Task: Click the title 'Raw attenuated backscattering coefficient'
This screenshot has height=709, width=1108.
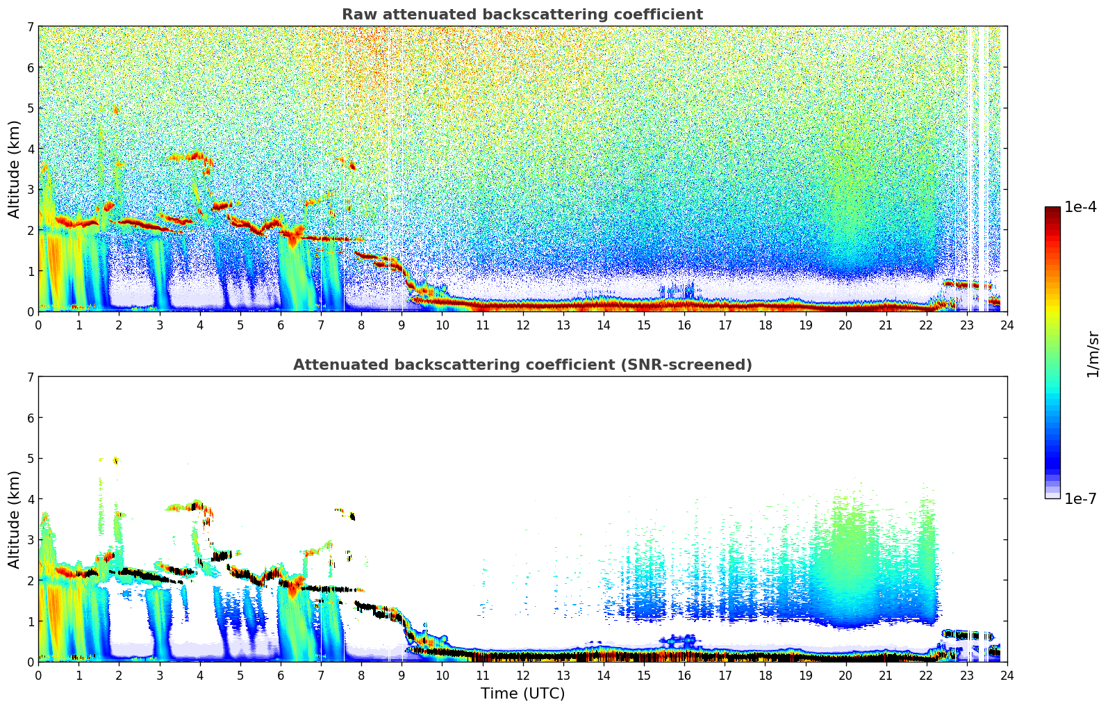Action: point(522,15)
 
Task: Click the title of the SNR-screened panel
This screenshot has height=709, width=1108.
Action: point(522,365)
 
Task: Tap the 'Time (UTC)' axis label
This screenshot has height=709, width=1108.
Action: point(522,694)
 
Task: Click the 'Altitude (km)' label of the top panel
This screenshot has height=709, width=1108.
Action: point(15,169)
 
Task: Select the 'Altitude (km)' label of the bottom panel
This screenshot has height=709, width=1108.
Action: point(15,519)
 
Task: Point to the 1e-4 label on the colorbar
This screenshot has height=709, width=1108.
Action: point(1080,207)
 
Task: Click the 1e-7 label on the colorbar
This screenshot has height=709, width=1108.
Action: point(1080,498)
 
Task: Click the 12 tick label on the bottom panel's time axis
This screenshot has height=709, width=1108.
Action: point(522,676)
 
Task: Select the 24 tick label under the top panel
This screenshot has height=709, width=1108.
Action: point(1007,325)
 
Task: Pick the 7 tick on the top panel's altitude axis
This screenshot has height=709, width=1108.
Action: point(30,27)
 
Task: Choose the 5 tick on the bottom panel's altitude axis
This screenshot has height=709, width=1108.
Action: point(30,459)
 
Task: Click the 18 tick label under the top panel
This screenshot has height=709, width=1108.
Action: point(765,325)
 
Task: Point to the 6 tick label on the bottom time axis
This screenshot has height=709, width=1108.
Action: point(281,676)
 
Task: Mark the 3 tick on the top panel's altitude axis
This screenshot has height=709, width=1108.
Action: point(30,190)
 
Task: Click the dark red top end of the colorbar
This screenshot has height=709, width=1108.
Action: point(1052,210)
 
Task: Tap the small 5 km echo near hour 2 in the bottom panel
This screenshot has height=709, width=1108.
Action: point(115,459)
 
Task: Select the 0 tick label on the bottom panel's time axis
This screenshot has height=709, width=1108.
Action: point(38,676)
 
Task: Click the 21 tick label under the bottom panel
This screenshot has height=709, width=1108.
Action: point(886,676)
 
